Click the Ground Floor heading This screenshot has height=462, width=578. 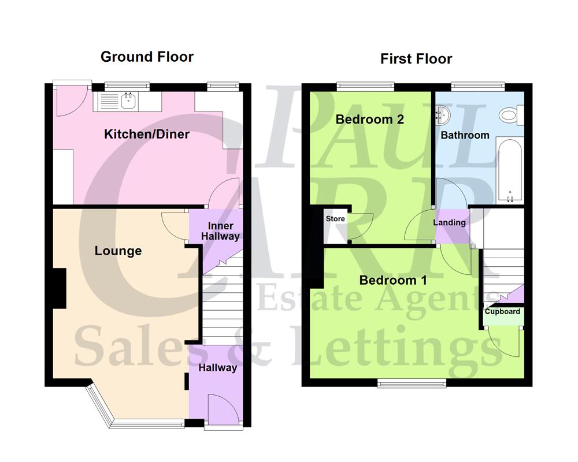coord(147,57)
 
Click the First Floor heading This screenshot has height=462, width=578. coord(416,58)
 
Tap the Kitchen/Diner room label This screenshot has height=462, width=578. coord(147,135)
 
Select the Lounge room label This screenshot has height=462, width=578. coord(118,251)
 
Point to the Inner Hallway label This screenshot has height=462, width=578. coord(216,231)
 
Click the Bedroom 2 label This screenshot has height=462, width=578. coord(369,120)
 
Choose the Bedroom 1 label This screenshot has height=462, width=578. coord(393,281)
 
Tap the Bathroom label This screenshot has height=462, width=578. coord(465,135)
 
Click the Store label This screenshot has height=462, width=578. coord(335,219)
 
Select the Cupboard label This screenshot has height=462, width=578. coord(502,311)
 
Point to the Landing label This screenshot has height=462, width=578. coord(449,222)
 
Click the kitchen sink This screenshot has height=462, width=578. coord(127,102)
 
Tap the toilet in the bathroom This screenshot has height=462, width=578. coord(510,115)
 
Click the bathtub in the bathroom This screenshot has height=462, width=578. coord(510,171)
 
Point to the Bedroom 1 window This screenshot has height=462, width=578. coord(412,382)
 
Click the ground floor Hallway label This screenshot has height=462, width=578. coord(218,367)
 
